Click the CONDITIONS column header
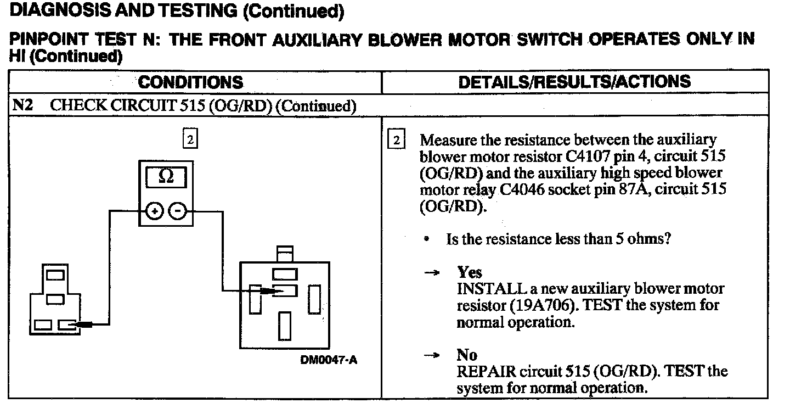(x=190, y=82)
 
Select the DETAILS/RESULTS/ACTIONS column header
(x=574, y=82)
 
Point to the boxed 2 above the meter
(x=189, y=139)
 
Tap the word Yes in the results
(x=470, y=272)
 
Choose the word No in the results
(x=467, y=355)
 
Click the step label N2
(x=22, y=105)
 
